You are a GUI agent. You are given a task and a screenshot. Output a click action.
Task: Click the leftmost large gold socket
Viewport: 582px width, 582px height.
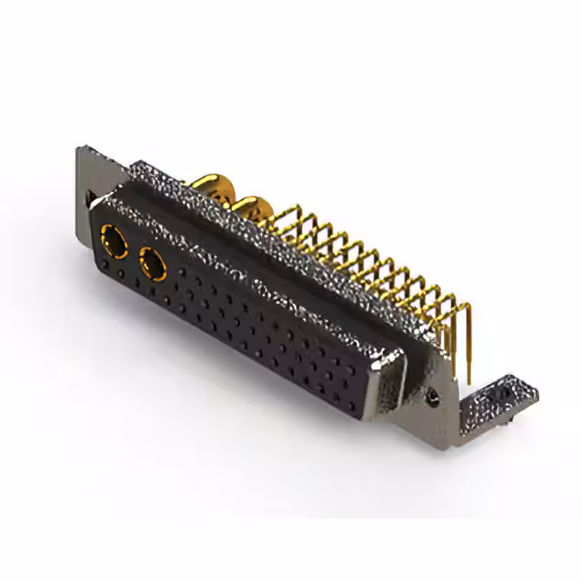116,240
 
